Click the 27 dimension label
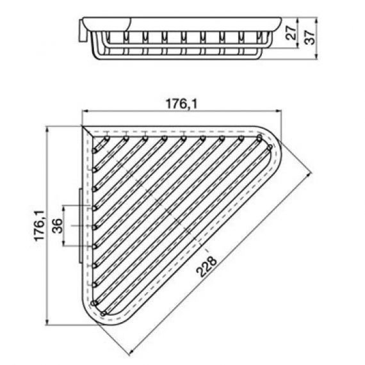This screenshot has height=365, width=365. [x=291, y=33]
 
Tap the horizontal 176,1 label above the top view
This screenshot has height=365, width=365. [x=181, y=104]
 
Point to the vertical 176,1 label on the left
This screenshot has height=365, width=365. [x=39, y=225]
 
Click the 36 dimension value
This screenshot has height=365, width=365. [x=57, y=225]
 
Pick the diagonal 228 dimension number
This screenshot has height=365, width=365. [x=206, y=266]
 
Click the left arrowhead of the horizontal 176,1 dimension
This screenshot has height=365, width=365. [x=85, y=111]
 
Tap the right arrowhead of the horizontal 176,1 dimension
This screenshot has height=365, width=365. [x=279, y=111]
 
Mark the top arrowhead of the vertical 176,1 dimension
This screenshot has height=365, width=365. [x=47, y=129]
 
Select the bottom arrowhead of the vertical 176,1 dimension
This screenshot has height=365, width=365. [x=47, y=321]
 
